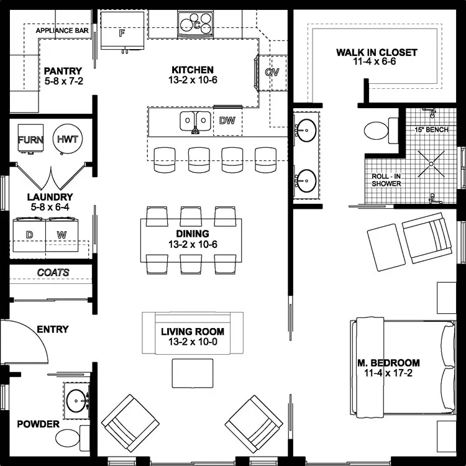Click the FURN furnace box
point(30,139)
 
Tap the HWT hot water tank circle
point(67,139)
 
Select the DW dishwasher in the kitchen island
point(227,121)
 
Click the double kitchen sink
point(195,121)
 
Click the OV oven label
point(272,72)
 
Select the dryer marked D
point(29,235)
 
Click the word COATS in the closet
point(53,273)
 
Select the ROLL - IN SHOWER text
point(386,180)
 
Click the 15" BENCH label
point(431,130)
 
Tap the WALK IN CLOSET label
point(377,53)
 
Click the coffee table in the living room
point(193,373)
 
